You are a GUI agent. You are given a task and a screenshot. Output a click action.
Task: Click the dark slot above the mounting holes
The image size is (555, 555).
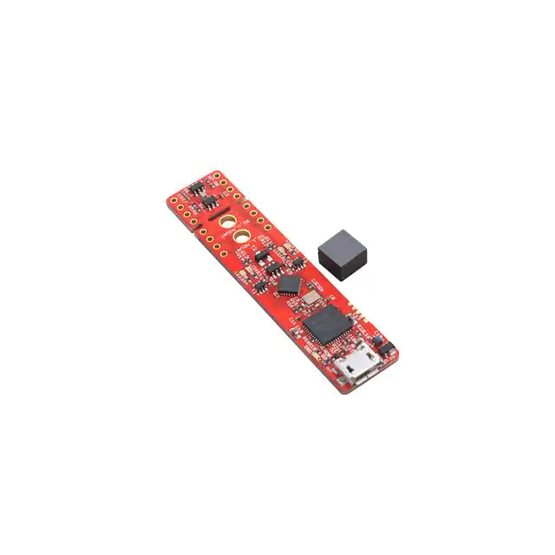(217, 208)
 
